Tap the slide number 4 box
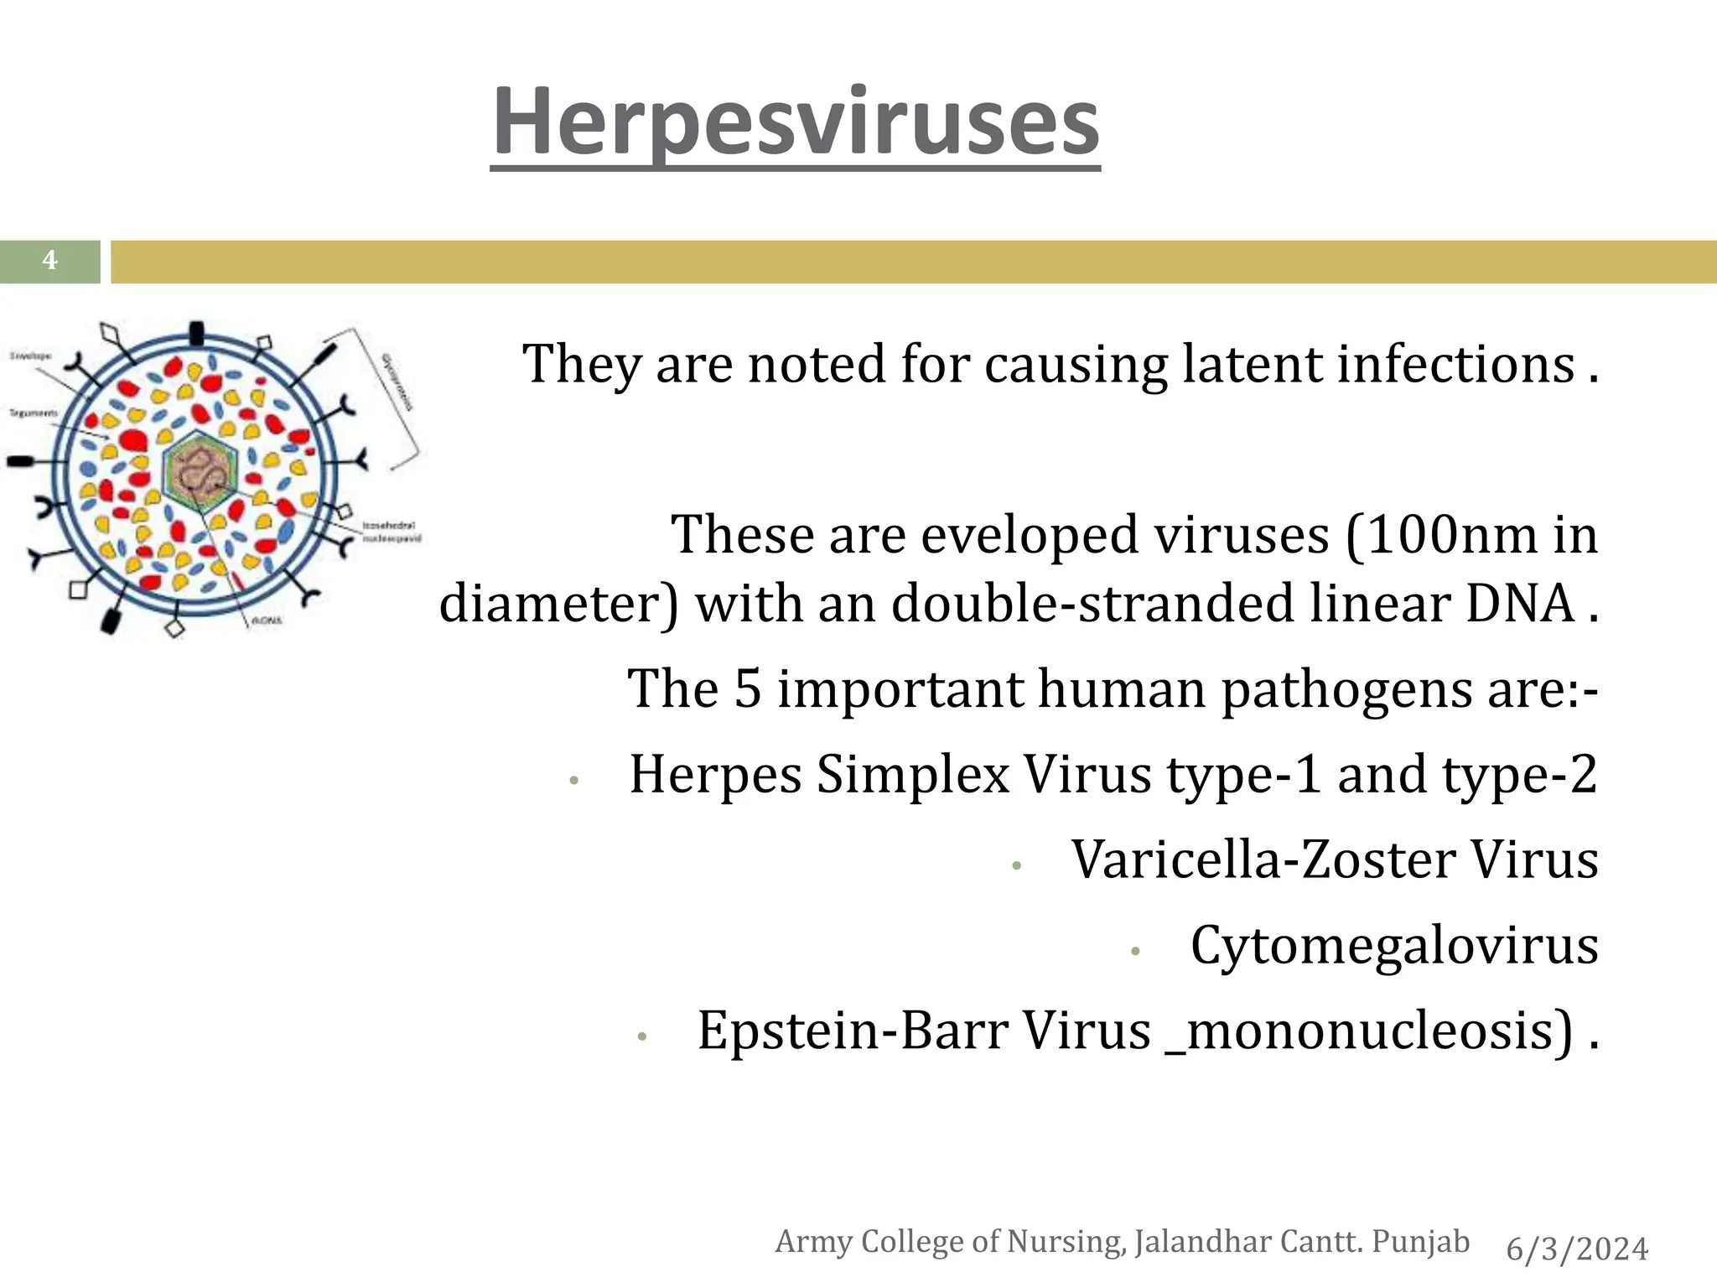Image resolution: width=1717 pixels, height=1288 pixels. coord(49,261)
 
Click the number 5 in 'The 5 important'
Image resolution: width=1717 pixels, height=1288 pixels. coord(748,688)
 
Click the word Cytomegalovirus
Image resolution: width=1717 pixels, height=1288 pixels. coord(1393,945)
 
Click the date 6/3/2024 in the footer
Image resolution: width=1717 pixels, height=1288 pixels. coord(1576,1249)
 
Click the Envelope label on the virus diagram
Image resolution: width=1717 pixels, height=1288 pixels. coord(30,356)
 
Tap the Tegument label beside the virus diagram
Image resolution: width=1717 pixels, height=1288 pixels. coord(33,413)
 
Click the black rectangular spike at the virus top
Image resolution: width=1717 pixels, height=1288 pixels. coord(196,332)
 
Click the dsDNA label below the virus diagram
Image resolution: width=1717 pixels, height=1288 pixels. coord(267,621)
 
